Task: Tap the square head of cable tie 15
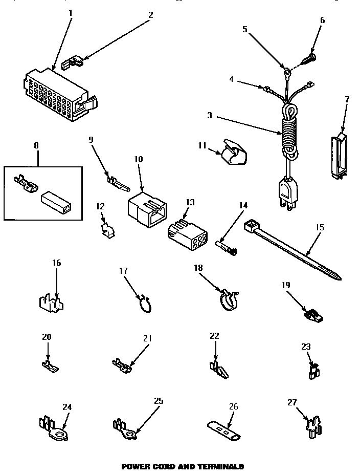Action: [251, 225]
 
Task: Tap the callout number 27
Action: [292, 402]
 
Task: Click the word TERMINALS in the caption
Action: [217, 467]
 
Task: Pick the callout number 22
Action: [214, 336]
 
